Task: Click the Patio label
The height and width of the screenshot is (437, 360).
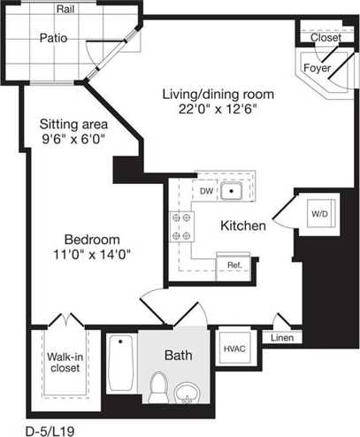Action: point(54,38)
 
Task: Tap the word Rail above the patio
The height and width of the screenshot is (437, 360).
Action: point(65,9)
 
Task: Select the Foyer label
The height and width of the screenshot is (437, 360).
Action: point(318,68)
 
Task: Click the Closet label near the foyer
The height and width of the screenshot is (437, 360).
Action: point(326,38)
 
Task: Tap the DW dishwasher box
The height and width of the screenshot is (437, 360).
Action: point(206,190)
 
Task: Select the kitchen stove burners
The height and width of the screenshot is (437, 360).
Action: point(180,226)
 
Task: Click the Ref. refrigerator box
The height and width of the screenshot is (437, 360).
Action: point(234,264)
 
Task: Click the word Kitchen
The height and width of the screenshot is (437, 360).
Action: point(243,226)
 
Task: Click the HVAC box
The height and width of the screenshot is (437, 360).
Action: point(234,348)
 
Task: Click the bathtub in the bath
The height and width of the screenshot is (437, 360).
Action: point(120,363)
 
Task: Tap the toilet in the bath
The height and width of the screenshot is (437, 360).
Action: point(159,387)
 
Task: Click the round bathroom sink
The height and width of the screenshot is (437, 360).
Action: point(186,393)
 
